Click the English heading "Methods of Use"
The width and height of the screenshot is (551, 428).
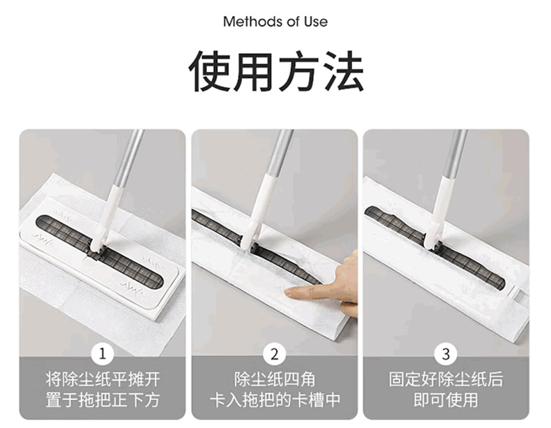point(275,22)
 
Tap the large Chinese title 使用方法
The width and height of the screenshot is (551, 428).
point(276,71)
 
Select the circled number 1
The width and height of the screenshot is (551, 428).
point(103,354)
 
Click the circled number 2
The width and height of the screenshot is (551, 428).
point(274,354)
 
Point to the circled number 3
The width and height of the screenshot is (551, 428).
point(446,354)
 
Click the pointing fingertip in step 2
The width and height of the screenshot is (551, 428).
point(289,292)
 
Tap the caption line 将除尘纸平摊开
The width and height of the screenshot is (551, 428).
point(103,379)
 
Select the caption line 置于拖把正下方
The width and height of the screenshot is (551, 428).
point(103,400)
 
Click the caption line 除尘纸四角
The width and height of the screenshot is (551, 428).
point(274,379)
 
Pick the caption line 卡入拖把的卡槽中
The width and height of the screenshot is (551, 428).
point(274,400)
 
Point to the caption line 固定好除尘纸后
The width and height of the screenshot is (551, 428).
point(446,379)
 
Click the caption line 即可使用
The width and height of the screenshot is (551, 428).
point(446,400)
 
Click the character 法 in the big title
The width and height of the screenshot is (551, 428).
point(343,71)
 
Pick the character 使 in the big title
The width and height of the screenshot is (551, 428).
point(210,71)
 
